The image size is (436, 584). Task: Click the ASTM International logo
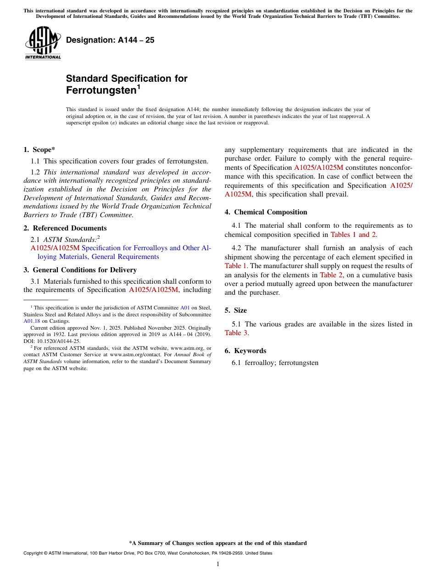tap(43, 43)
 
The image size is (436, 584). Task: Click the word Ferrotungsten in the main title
tap(101, 90)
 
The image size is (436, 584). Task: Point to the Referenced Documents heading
tap(69, 228)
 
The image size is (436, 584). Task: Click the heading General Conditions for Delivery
tap(84, 270)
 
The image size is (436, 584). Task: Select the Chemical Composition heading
tap(270, 212)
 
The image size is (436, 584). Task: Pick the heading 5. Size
tap(235, 310)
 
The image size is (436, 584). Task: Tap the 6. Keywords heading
tap(245, 351)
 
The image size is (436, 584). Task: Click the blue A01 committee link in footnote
tap(185, 308)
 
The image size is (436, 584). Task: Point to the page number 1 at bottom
tap(218, 564)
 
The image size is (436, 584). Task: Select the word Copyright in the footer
tap(35, 553)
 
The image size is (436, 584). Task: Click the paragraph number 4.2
tap(236, 248)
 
